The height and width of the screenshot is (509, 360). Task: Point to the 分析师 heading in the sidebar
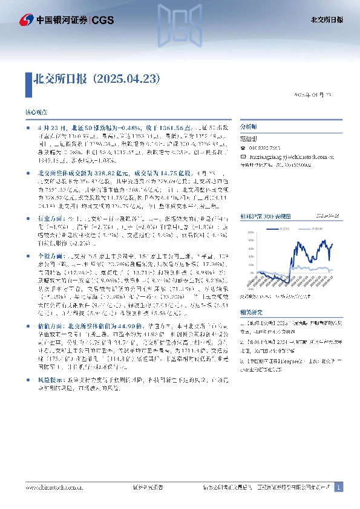(249, 128)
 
